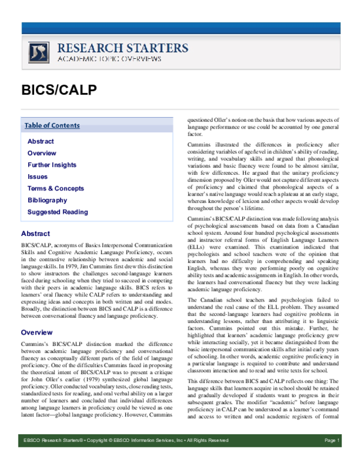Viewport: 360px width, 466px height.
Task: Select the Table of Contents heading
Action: click(x=52, y=126)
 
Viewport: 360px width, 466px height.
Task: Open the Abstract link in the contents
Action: click(x=40, y=142)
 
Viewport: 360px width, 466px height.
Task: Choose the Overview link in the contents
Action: click(x=42, y=153)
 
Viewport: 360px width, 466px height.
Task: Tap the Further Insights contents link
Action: click(x=52, y=165)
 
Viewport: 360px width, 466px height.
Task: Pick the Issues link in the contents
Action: click(x=37, y=177)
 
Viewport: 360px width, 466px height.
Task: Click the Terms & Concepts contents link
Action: click(x=56, y=189)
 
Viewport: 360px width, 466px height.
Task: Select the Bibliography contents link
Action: click(x=47, y=200)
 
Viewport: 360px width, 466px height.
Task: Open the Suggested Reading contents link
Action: click(x=58, y=212)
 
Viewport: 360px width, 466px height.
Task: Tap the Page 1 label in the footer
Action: click(x=332, y=458)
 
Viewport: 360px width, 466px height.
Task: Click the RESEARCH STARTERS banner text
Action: click(x=122, y=48)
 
